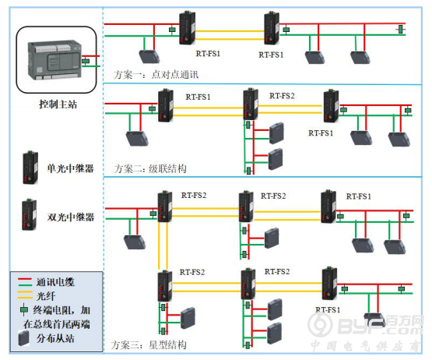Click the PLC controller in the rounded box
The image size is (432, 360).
pyautogui.click(x=54, y=60)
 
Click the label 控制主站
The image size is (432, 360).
pyautogui.click(x=58, y=104)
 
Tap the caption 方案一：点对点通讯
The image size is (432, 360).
pyautogui.click(x=156, y=75)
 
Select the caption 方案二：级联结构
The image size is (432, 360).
pyautogui.click(x=150, y=168)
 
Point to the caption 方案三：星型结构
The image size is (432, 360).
pyautogui.click(x=149, y=345)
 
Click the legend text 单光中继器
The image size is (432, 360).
pyautogui.click(x=70, y=168)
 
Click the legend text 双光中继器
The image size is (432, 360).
pyautogui.click(x=71, y=217)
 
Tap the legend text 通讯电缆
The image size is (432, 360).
pyautogui.click(x=55, y=282)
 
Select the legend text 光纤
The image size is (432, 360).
pyautogui.click(x=46, y=296)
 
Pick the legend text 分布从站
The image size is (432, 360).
pyautogui.click(x=55, y=338)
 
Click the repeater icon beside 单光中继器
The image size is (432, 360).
pyautogui.click(x=30, y=168)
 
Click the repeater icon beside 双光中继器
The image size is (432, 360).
pyautogui.click(x=30, y=214)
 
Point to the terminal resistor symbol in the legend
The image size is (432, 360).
pyautogui.click(x=24, y=310)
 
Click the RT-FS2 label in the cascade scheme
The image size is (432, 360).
pyautogui.click(x=282, y=96)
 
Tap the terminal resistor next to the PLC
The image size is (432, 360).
pyautogui.click(x=86, y=61)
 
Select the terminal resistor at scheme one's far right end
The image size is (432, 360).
pyautogui.click(x=401, y=29)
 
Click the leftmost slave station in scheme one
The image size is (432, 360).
pyautogui.click(x=149, y=56)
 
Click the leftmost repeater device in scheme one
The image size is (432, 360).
pyautogui.click(x=188, y=27)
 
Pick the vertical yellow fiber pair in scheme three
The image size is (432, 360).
pyautogui.click(x=163, y=245)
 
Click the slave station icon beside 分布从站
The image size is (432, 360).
pyautogui.click(x=24, y=338)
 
